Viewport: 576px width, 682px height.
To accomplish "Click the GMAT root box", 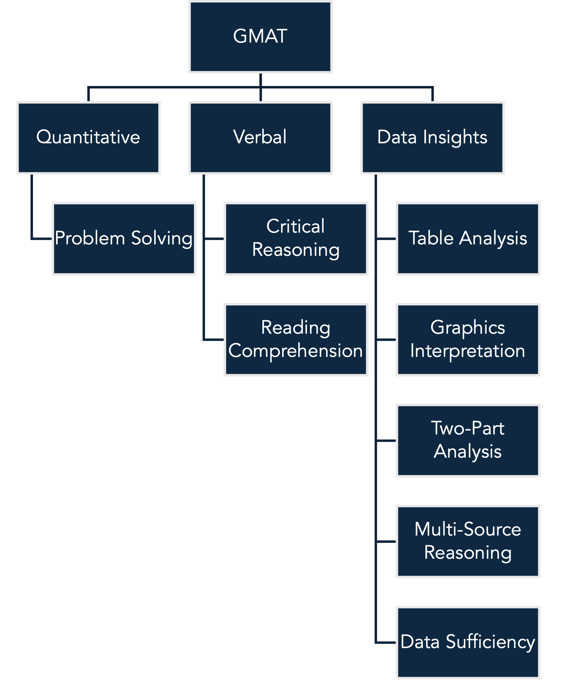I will pos(260,37).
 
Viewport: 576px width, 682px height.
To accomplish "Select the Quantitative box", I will pos(88,137).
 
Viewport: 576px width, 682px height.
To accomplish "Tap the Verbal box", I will pos(260,137).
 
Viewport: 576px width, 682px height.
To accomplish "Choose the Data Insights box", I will pos(432,137).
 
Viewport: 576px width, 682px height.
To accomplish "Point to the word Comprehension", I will pos(295,351).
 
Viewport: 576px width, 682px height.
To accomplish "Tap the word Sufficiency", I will pos(490,642).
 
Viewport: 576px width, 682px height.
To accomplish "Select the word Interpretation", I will pos(468,351).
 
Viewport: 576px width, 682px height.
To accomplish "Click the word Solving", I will pos(162,239).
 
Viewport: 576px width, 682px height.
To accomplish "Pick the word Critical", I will pos(295,226).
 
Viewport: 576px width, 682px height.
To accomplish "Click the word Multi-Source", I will pos(468,529).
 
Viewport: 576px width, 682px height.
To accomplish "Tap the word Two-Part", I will pos(468,428).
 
